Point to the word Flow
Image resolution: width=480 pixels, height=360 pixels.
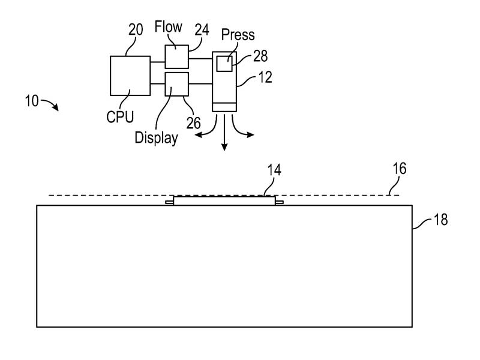168,26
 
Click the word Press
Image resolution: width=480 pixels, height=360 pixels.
238,35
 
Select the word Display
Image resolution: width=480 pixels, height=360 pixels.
156,138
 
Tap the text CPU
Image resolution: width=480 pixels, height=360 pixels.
120,117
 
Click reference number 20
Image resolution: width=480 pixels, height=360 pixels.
136,29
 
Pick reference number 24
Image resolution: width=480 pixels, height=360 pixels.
202,30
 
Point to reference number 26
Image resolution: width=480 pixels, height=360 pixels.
193,123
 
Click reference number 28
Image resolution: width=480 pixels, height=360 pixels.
260,56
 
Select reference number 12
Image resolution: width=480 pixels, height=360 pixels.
265,77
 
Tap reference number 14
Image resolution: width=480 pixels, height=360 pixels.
274,170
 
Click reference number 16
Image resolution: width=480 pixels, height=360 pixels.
400,169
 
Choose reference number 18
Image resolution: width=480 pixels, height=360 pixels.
441,220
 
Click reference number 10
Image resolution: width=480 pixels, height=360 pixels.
32,101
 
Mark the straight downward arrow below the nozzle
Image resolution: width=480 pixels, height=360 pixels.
224,132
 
